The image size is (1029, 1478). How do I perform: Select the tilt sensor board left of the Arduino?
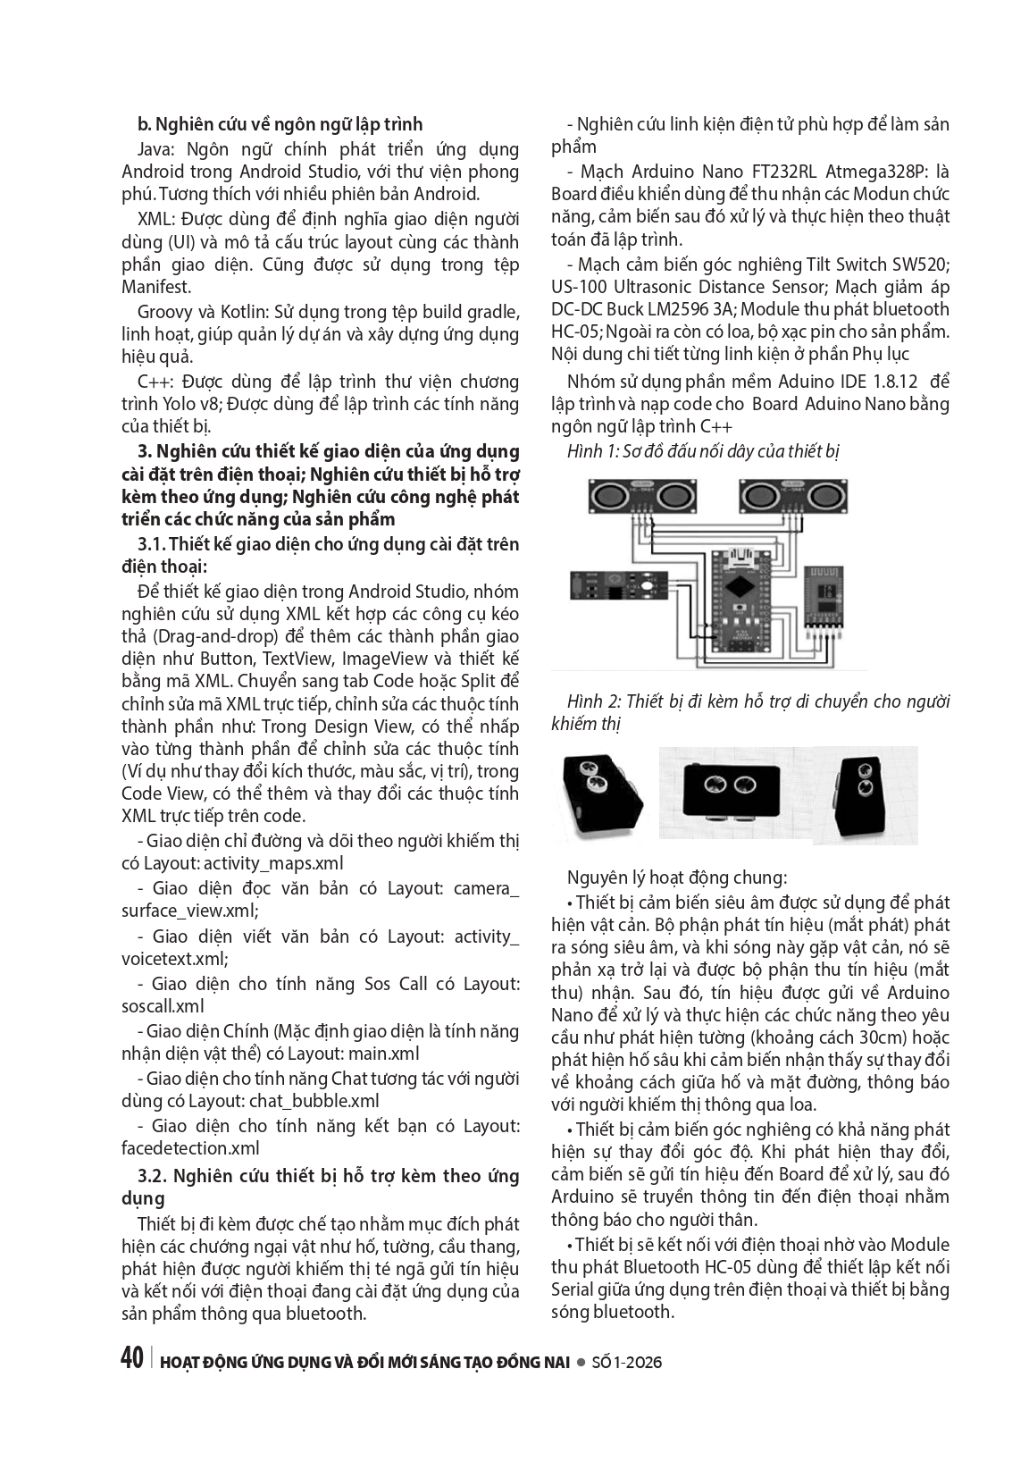click(612, 586)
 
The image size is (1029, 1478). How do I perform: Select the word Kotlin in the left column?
click(233, 311)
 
